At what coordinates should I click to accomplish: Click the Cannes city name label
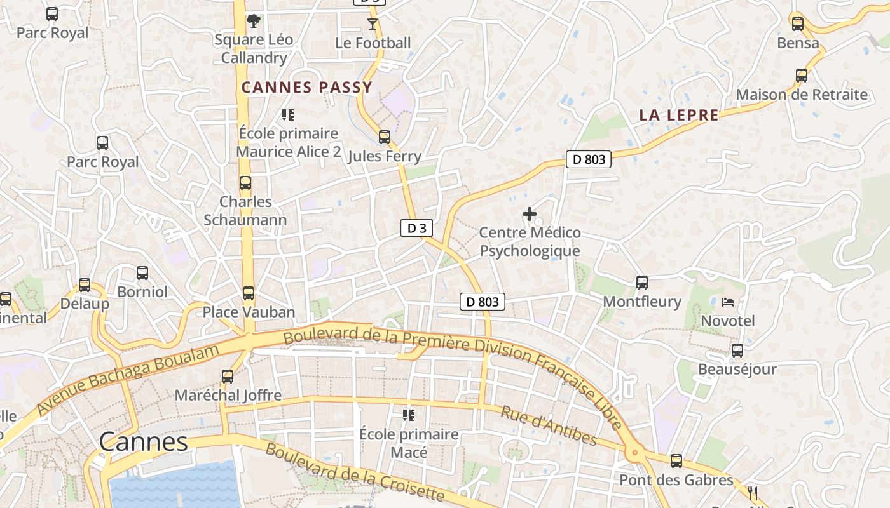pyautogui.click(x=144, y=441)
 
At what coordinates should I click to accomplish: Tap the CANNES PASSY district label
pyautogui.click(x=306, y=88)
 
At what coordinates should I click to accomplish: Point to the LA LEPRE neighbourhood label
pyautogui.click(x=679, y=116)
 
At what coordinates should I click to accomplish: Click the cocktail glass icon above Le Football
pyautogui.click(x=373, y=24)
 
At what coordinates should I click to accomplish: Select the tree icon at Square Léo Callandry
pyautogui.click(x=254, y=20)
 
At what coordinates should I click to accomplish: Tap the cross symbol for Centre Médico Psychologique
pyautogui.click(x=529, y=214)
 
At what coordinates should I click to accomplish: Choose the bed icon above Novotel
pyautogui.click(x=728, y=302)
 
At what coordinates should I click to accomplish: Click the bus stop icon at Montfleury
pyautogui.click(x=642, y=282)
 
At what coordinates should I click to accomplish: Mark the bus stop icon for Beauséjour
pyautogui.click(x=737, y=350)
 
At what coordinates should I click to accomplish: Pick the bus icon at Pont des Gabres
pyautogui.click(x=676, y=461)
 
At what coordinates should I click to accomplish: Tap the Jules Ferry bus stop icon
pyautogui.click(x=385, y=137)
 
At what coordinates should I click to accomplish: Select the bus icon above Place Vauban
pyautogui.click(x=249, y=293)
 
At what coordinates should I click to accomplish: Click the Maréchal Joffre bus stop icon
pyautogui.click(x=228, y=376)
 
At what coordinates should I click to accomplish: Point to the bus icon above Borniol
pyautogui.click(x=142, y=273)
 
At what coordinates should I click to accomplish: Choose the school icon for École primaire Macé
pyautogui.click(x=409, y=415)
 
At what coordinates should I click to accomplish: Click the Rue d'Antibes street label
pyautogui.click(x=549, y=425)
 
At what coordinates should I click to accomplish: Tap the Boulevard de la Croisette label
pyautogui.click(x=354, y=472)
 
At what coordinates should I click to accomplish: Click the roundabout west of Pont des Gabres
pyautogui.click(x=634, y=453)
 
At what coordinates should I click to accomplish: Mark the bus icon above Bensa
pyautogui.click(x=798, y=24)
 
